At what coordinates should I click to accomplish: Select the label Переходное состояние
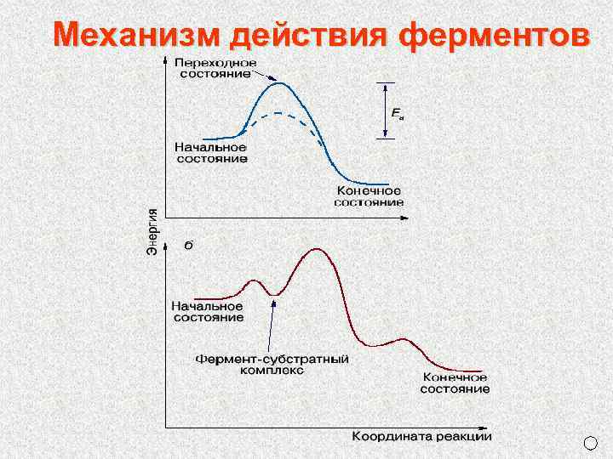click(x=215, y=67)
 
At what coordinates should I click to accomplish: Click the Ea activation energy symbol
click(x=397, y=112)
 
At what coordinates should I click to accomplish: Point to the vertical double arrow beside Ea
click(x=386, y=110)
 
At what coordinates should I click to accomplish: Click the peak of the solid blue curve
click(x=277, y=82)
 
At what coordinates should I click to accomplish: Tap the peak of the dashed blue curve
click(x=278, y=113)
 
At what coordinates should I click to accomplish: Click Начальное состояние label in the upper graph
click(x=211, y=152)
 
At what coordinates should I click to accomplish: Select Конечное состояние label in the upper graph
click(x=369, y=196)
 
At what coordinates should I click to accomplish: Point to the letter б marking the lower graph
click(x=188, y=246)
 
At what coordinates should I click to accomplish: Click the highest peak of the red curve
click(x=318, y=249)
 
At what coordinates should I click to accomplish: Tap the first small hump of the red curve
click(x=253, y=280)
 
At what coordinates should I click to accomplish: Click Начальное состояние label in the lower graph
click(x=208, y=311)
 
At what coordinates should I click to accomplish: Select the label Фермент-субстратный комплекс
click(x=272, y=365)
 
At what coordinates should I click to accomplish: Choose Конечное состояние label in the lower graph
click(x=455, y=382)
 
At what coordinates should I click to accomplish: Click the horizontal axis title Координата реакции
click(x=421, y=436)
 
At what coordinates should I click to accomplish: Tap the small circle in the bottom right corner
click(x=592, y=443)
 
